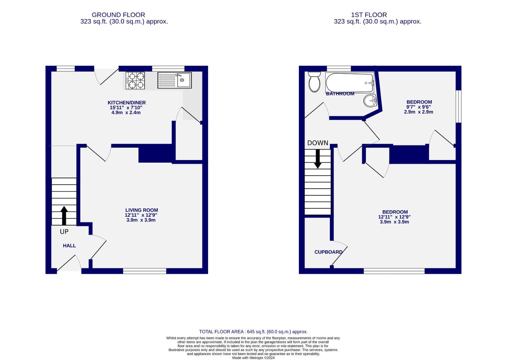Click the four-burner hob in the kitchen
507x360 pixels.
point(135,80)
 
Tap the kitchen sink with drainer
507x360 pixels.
point(174,80)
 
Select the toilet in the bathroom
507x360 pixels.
point(314,82)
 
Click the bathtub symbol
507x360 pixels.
point(349,83)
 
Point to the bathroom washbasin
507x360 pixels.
point(370,101)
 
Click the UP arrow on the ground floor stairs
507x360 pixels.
point(64,215)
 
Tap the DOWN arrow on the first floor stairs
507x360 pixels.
point(318,159)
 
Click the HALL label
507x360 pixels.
point(69,246)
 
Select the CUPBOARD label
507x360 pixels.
point(328,252)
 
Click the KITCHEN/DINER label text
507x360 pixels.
point(126,103)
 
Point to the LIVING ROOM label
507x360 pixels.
point(141,210)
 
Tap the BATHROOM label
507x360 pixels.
point(340,94)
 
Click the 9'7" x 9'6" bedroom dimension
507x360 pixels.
point(418,107)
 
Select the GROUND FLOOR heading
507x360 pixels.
point(118,15)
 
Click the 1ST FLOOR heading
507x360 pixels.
point(369,15)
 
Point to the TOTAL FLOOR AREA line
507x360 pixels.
point(253,332)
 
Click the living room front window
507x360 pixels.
point(144,271)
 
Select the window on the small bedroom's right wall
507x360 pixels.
point(459,106)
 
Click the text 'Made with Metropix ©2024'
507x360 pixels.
point(253,358)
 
